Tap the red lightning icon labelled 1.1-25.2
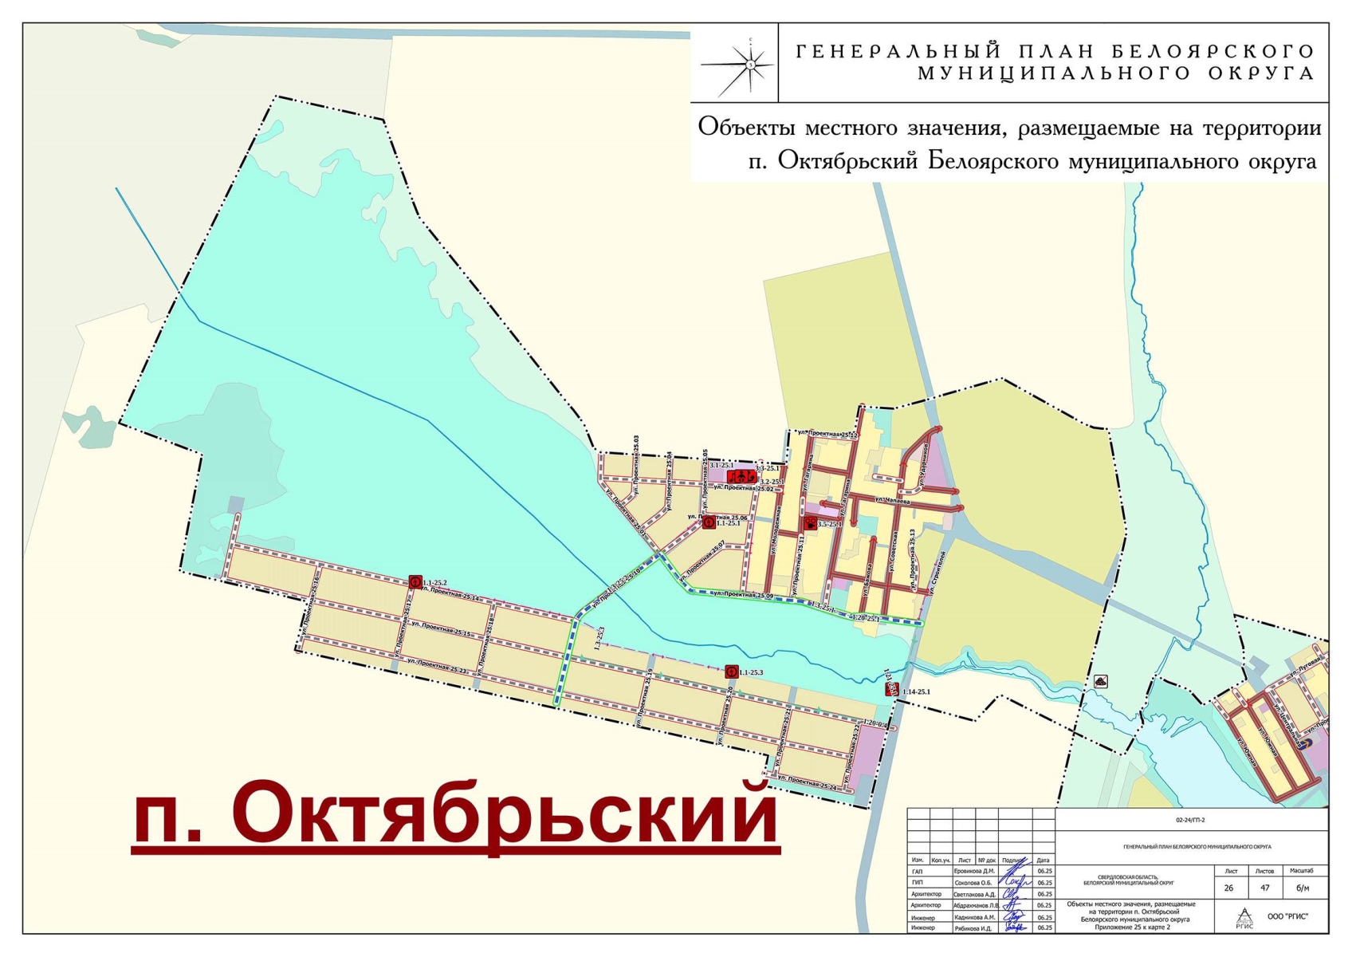coord(415,581)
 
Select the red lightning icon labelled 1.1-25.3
coord(731,671)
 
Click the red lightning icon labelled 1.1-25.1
coord(709,522)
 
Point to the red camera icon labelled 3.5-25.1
coord(810,523)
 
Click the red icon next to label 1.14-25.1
coord(892,689)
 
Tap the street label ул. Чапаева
coord(892,500)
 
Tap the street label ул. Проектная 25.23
coord(436,665)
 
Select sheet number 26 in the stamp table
coord(1228,888)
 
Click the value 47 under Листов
coord(1264,888)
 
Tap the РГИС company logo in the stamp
coord(1244,917)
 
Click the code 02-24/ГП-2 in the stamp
coord(1190,820)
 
